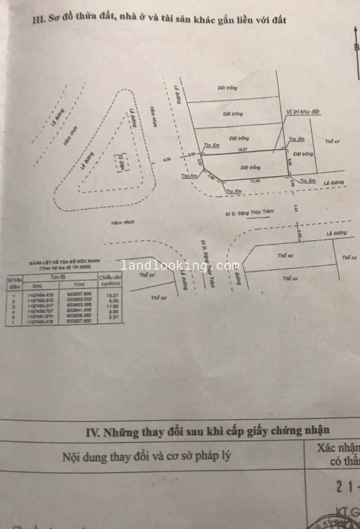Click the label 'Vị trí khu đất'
[304, 112]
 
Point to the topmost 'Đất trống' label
[227, 88]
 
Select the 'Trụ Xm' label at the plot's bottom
[234, 191]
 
